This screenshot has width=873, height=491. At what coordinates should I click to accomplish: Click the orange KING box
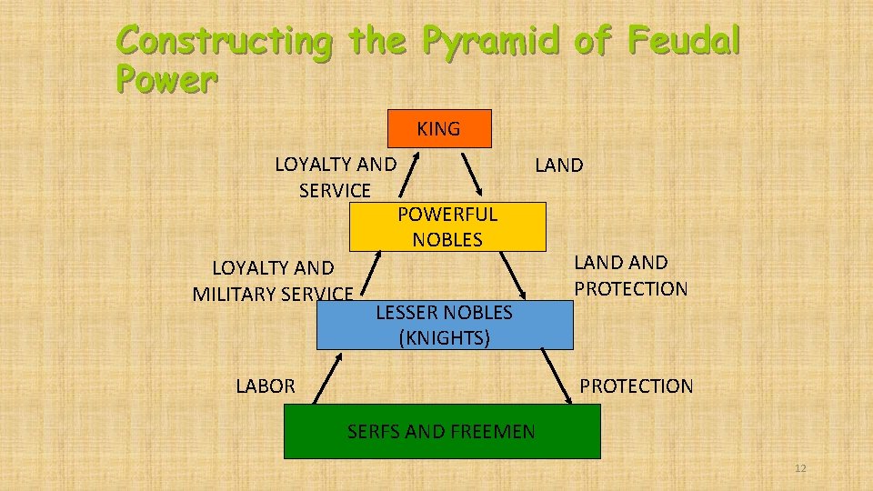439,128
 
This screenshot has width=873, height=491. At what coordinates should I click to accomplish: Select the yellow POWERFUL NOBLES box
447,226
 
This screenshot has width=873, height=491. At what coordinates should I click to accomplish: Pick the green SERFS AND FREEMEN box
442,432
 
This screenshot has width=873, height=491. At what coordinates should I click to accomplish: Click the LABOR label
266,386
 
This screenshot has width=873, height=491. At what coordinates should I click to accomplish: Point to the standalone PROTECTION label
637,386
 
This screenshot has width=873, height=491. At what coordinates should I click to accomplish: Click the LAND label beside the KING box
559,165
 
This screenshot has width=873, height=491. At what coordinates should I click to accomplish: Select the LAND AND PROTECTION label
630,276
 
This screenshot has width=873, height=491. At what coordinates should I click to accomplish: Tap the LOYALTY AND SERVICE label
336,177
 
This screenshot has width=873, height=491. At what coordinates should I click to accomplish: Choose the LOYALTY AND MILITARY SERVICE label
273,281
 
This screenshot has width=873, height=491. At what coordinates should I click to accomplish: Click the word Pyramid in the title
485,41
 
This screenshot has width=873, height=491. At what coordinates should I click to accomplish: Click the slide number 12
800,468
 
